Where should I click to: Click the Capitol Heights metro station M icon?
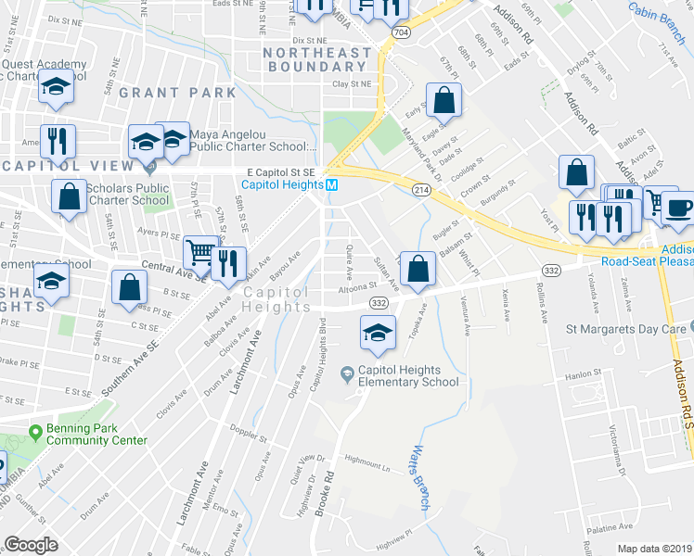click(x=331, y=185)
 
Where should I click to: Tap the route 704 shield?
click(x=398, y=31)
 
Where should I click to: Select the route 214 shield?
click(x=421, y=189)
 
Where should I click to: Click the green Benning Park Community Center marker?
click(x=35, y=432)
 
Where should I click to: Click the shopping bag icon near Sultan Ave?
click(x=419, y=269)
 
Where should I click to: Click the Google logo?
click(x=32, y=545)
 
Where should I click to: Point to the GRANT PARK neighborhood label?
click(x=191, y=93)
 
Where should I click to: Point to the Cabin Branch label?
click(x=656, y=10)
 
